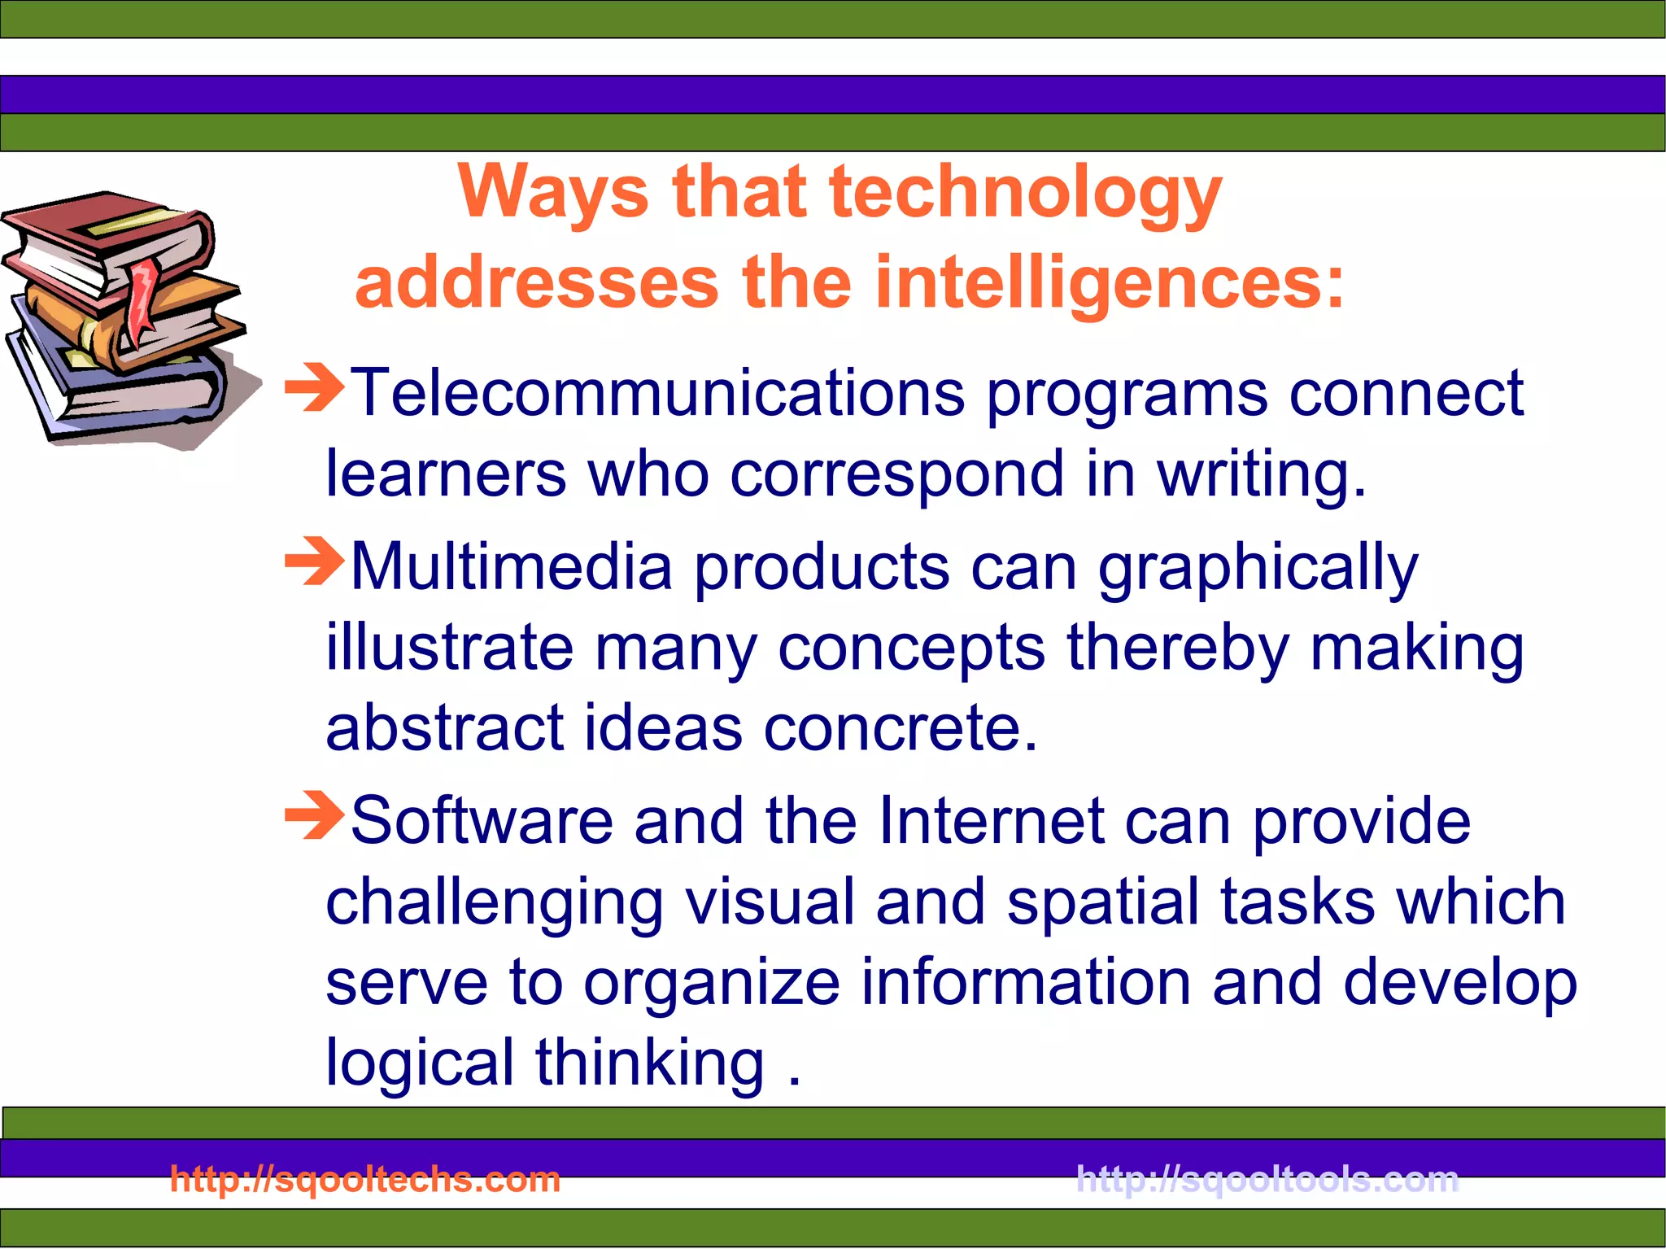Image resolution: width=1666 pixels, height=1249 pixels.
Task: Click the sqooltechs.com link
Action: point(365,1179)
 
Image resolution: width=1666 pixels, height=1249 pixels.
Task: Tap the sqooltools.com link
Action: point(1267,1179)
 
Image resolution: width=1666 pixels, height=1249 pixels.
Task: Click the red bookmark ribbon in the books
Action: point(142,297)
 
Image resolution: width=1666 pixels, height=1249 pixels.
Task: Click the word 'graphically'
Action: point(1258,568)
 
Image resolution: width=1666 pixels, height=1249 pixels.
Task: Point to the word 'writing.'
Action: point(1262,474)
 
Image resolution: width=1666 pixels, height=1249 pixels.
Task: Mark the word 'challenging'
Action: point(495,903)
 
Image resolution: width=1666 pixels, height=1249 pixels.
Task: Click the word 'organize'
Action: point(712,983)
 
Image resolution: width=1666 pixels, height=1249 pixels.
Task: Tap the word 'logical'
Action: point(419,1062)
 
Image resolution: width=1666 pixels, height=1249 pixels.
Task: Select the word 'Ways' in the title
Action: point(553,194)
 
